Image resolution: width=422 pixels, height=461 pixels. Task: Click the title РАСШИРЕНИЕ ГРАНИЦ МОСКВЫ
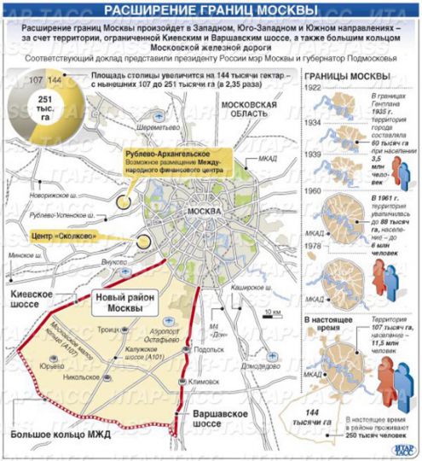(211, 10)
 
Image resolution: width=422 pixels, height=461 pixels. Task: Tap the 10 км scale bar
(272, 312)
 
